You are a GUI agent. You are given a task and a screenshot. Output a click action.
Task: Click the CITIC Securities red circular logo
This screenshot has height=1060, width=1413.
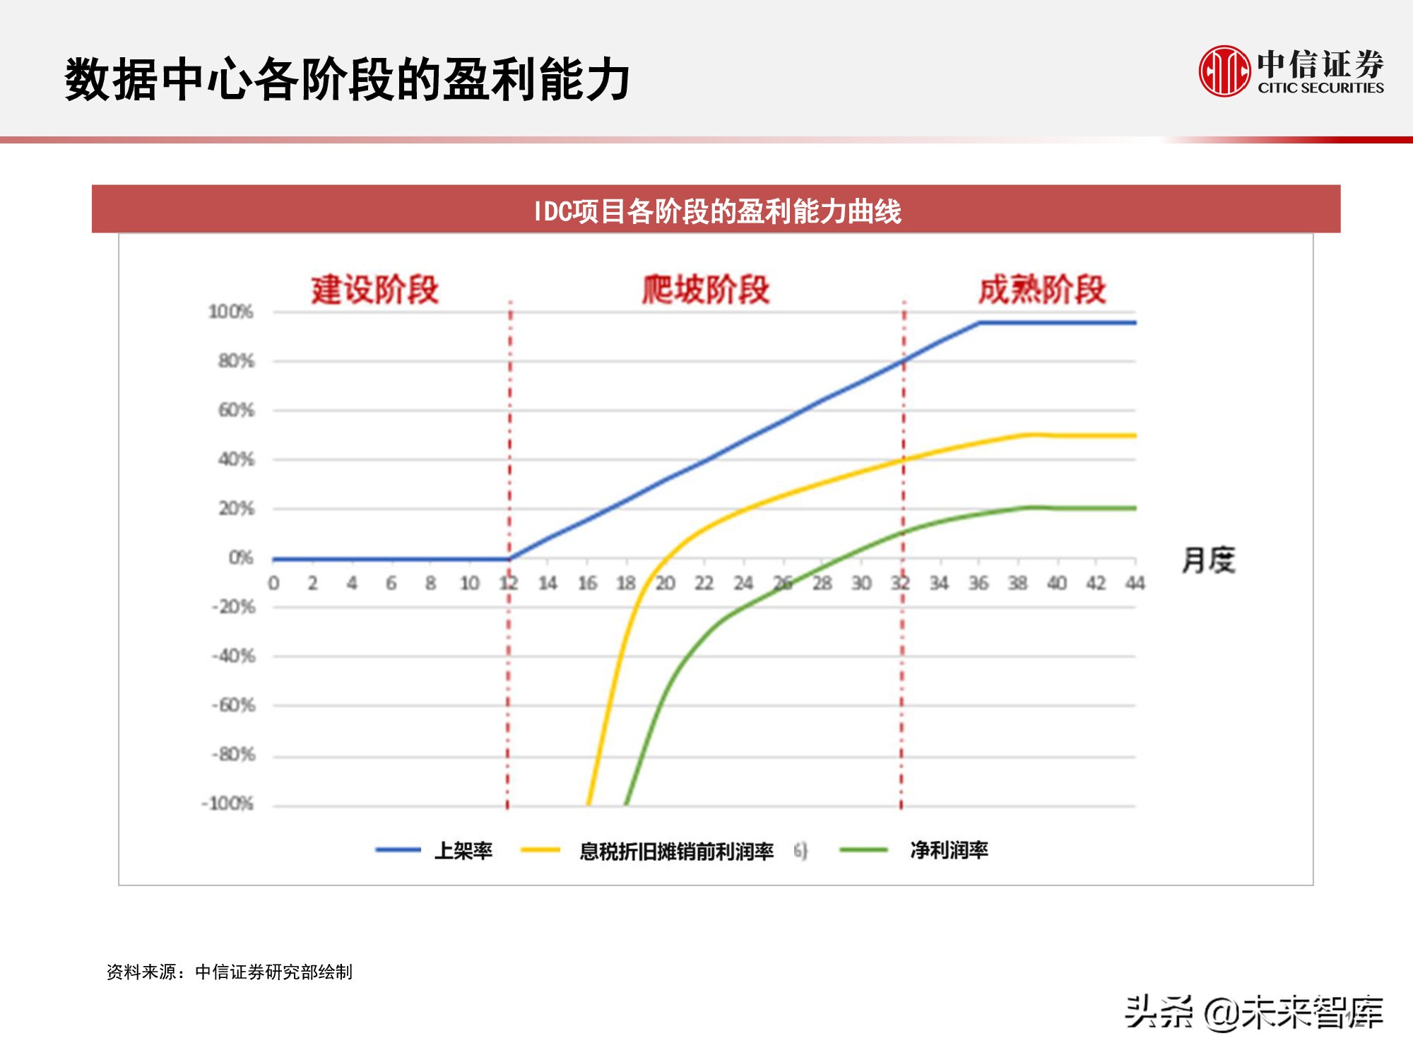[1224, 71]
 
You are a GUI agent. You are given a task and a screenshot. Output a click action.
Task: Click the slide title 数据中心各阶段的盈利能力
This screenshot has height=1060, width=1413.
[347, 79]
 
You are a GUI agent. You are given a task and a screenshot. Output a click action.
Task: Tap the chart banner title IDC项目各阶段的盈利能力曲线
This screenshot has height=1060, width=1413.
[716, 211]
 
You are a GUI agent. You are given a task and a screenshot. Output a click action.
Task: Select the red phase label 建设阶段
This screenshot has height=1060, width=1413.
[375, 290]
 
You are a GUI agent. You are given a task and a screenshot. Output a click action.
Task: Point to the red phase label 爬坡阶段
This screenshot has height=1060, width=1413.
[705, 290]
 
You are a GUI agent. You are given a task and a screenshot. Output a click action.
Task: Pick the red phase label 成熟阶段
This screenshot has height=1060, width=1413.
[1041, 290]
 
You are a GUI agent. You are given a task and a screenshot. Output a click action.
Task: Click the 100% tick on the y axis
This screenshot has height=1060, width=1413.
[231, 312]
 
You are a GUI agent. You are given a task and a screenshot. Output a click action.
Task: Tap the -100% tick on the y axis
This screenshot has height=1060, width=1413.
[227, 803]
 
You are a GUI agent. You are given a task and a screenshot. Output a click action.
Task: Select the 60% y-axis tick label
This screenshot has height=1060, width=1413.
[236, 410]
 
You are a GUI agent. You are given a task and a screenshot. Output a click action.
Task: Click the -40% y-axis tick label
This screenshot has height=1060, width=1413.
[234, 656]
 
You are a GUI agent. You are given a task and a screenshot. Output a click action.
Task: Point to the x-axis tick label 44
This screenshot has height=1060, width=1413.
[1135, 583]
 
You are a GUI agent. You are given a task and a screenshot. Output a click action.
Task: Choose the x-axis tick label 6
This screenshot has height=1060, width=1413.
[391, 583]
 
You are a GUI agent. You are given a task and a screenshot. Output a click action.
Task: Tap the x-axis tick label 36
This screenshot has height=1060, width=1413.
[978, 583]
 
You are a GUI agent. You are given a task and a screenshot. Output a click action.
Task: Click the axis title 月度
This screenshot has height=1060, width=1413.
[1208, 560]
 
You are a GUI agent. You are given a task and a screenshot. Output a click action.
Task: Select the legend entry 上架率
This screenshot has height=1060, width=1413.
[463, 850]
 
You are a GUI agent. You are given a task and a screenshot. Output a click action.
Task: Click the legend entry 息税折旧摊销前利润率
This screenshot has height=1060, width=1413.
[676, 851]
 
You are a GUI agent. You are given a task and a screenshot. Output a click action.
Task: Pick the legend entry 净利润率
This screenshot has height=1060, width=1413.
[948, 850]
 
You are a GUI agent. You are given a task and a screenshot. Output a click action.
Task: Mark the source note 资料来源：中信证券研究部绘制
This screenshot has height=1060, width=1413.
[230, 972]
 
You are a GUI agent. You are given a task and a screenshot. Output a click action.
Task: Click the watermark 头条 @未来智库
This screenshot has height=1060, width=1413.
[1253, 1012]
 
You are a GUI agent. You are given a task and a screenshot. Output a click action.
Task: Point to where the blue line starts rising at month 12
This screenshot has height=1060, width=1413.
[509, 559]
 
